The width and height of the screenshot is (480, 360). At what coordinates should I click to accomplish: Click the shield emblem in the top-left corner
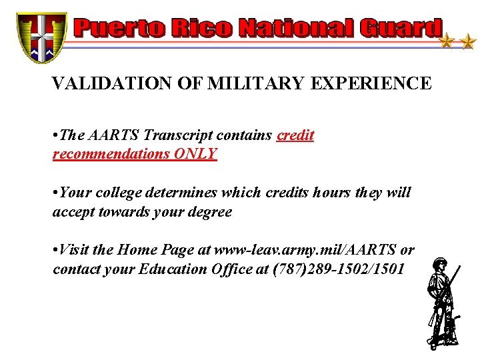coord(42,37)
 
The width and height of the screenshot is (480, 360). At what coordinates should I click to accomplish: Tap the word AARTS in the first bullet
coord(111,135)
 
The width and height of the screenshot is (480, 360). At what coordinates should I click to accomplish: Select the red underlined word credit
coord(295,135)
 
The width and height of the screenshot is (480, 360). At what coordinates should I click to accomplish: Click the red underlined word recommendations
coord(111,153)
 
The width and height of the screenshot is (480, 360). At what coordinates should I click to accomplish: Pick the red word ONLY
coord(195,153)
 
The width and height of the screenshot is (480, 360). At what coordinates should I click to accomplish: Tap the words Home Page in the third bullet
coord(155,250)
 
